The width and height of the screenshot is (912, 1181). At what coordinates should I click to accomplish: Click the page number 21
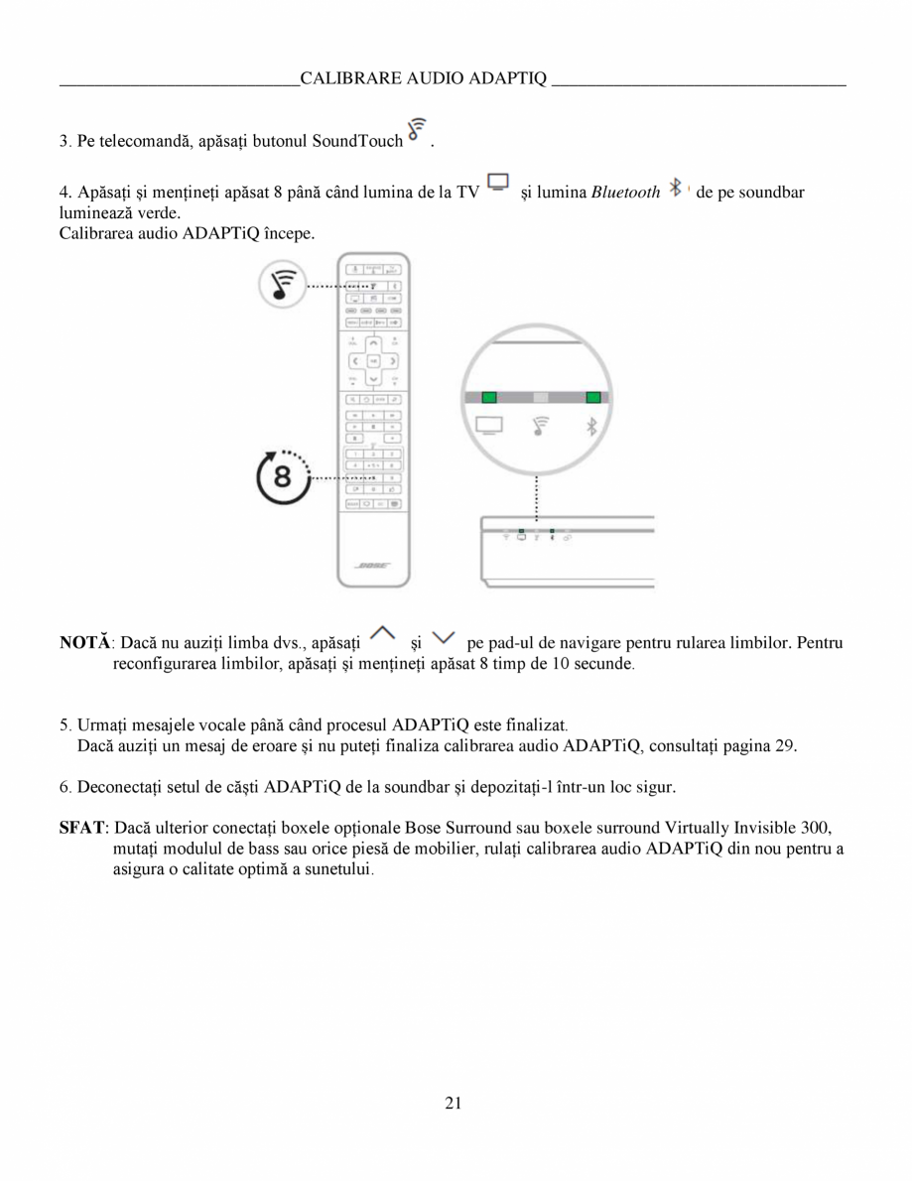point(455,1103)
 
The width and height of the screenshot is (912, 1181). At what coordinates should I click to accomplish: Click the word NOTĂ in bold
point(85,643)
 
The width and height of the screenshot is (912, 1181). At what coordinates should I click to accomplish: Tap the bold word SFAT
point(82,828)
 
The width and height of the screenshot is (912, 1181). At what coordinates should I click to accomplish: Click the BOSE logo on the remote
point(372,566)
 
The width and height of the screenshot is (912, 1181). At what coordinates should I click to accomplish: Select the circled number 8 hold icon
point(282,477)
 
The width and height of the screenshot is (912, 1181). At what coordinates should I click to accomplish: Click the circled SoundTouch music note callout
point(279,286)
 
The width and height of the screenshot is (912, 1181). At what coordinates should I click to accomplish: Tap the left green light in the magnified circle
point(488,397)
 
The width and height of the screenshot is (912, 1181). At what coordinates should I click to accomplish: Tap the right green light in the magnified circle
point(593,397)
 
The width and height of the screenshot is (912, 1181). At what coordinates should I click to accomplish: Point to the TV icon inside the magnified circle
point(489,427)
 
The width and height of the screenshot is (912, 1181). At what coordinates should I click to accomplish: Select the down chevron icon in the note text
point(446,634)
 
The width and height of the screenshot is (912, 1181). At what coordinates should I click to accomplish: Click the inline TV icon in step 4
point(498,184)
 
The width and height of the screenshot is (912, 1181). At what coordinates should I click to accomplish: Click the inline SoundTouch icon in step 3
point(419,132)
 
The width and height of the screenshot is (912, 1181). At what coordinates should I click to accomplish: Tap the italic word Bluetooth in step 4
point(625,193)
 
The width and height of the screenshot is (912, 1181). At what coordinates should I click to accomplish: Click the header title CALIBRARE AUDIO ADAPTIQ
point(424,78)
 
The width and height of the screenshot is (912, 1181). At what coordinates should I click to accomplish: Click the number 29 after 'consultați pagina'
point(785,745)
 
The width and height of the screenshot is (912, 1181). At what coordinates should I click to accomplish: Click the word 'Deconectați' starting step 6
point(118,788)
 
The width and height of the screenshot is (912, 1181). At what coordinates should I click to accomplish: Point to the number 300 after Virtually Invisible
point(816,828)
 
